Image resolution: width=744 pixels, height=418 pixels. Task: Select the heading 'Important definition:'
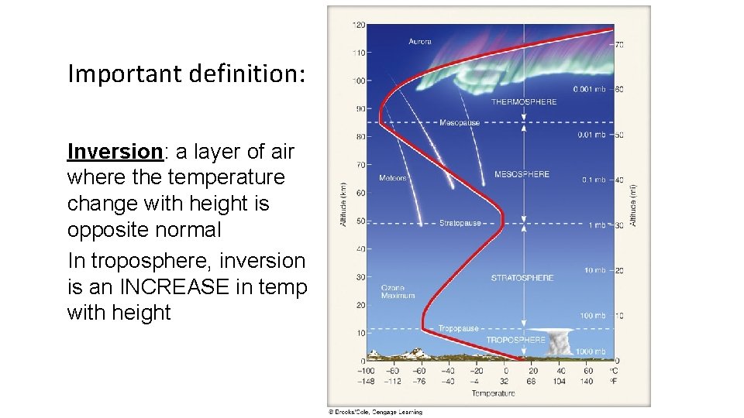click(187, 74)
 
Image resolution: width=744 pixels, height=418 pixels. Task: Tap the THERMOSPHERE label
click(524, 102)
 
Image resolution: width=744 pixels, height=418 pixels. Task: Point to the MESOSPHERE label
click(522, 174)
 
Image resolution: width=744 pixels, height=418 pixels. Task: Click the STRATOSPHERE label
click(522, 278)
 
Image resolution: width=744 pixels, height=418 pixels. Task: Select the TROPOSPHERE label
click(515, 340)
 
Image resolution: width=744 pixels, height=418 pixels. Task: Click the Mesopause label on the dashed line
click(460, 122)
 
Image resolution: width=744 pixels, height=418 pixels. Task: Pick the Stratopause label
click(460, 223)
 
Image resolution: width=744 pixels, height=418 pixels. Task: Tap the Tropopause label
click(459, 329)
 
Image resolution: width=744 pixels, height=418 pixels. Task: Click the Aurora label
click(420, 41)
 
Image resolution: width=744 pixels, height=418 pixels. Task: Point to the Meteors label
click(393, 179)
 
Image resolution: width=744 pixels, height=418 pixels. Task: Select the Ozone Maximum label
click(398, 291)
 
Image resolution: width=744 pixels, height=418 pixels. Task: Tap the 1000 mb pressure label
click(591, 351)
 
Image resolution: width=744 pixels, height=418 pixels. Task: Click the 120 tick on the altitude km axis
click(359, 25)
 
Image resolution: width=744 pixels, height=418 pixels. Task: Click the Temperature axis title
click(493, 393)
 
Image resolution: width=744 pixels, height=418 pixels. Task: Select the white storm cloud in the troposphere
click(560, 343)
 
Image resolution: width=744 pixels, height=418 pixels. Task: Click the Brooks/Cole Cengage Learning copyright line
click(375, 412)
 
